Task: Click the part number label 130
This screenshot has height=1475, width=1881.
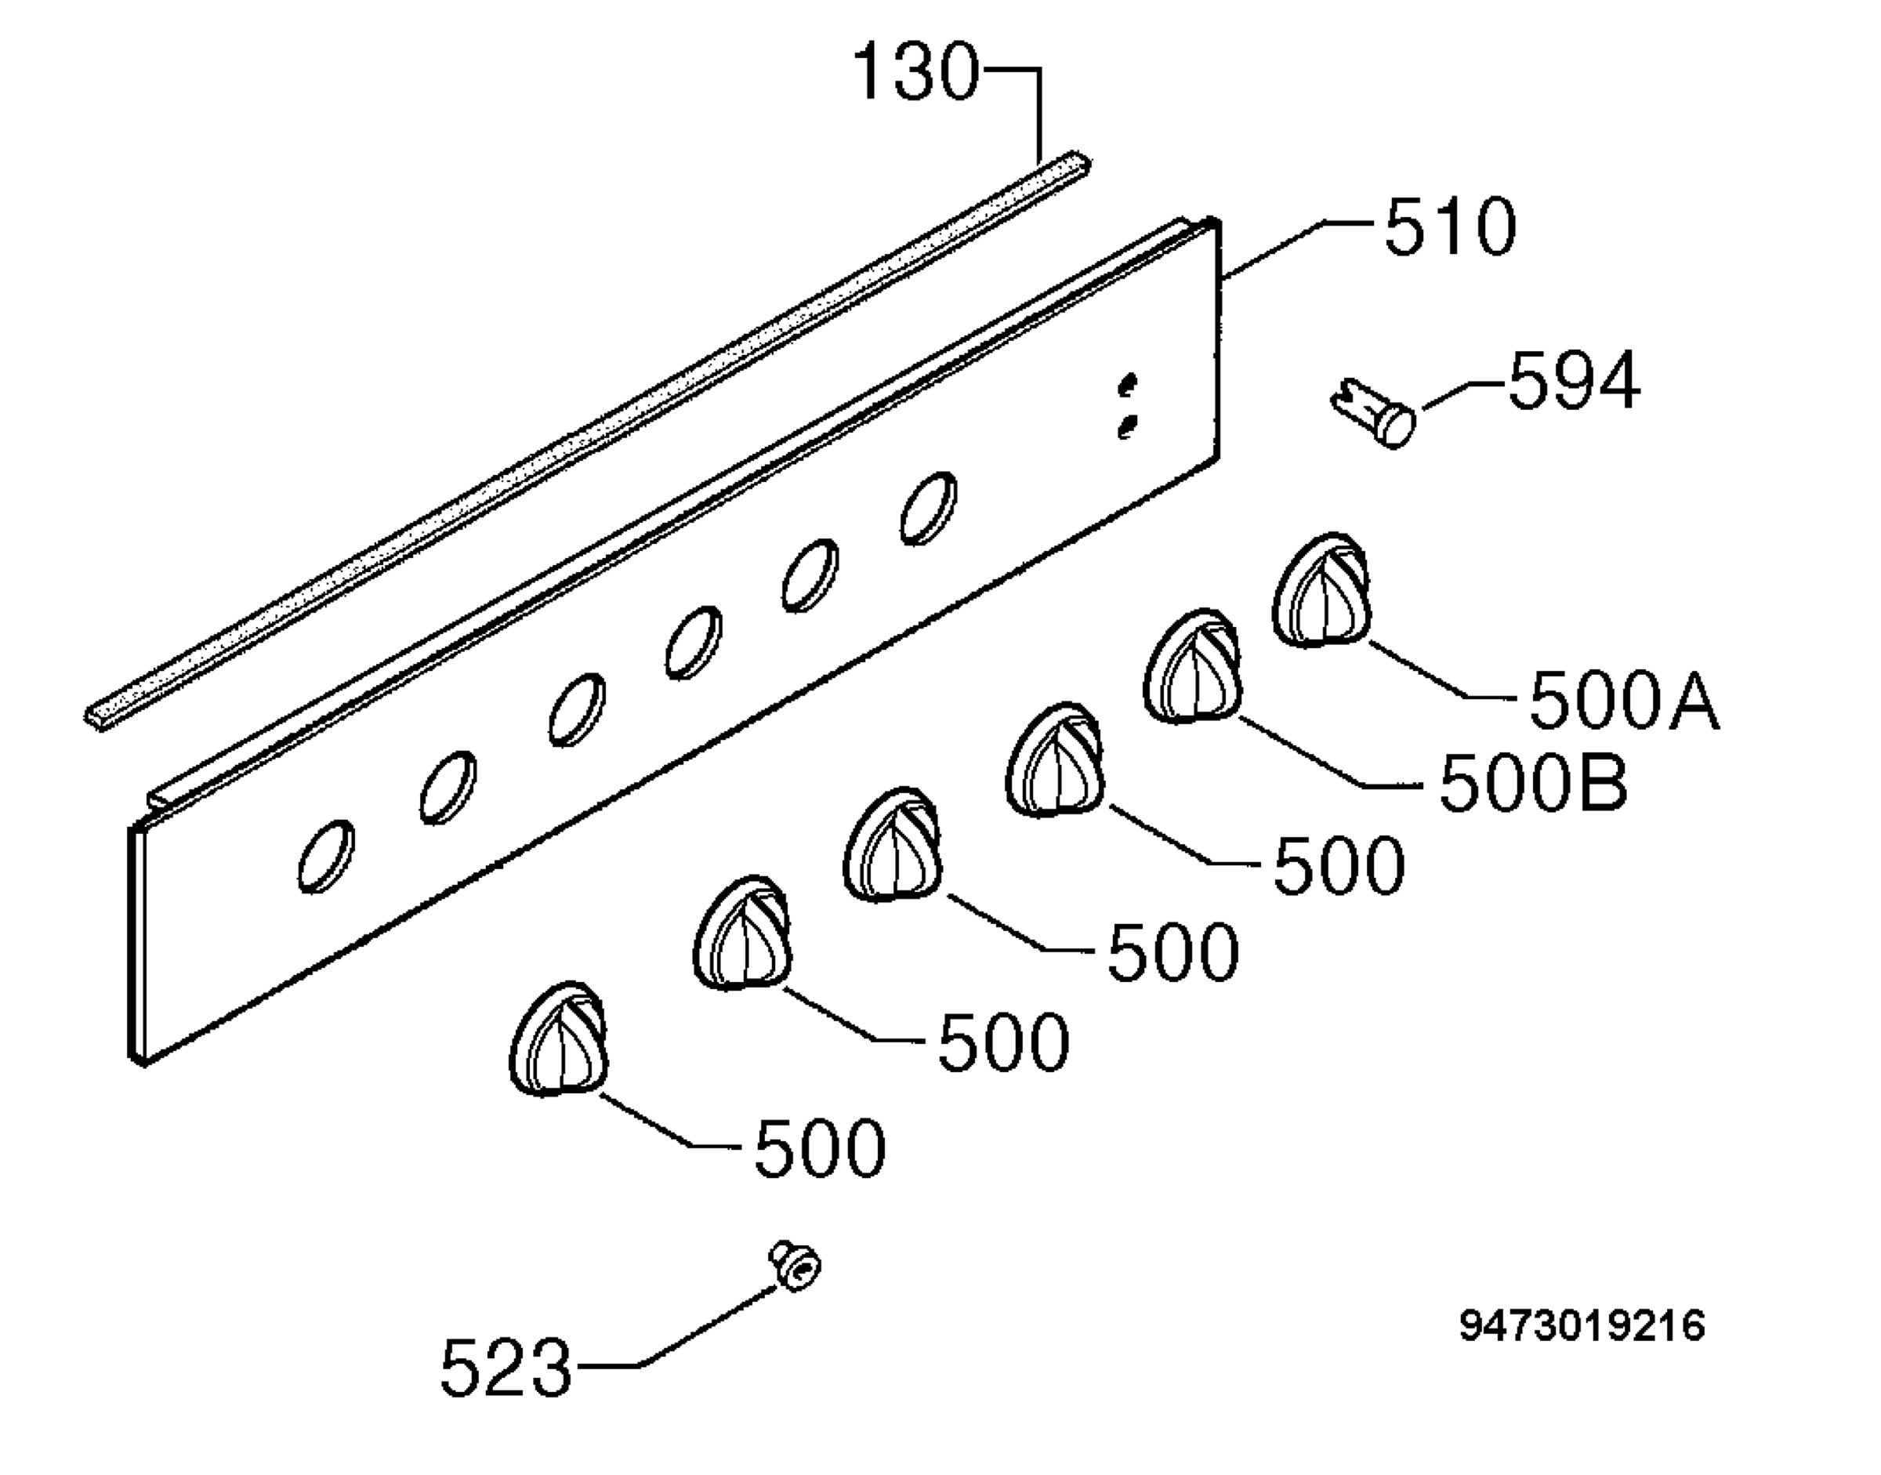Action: (917, 73)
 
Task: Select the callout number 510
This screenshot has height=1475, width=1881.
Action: (1450, 227)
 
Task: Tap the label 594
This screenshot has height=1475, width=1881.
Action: (1574, 380)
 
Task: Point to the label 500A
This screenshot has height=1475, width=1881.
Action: (1624, 702)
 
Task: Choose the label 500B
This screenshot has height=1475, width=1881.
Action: (1533, 781)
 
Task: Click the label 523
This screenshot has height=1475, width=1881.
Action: (506, 1367)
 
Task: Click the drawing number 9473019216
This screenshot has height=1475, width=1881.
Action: (1582, 1325)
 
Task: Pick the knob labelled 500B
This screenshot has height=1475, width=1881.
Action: (1193, 666)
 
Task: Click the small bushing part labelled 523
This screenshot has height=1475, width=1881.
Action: (796, 1266)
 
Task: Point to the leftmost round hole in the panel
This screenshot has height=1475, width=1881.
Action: (325, 856)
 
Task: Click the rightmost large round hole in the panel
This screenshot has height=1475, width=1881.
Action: (929, 508)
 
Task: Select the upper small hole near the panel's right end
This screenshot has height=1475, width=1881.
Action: (1128, 385)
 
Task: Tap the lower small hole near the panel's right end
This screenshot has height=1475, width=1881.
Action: (1127, 426)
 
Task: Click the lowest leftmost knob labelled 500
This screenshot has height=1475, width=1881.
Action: (558, 1039)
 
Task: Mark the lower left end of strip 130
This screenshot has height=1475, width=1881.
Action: (95, 719)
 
